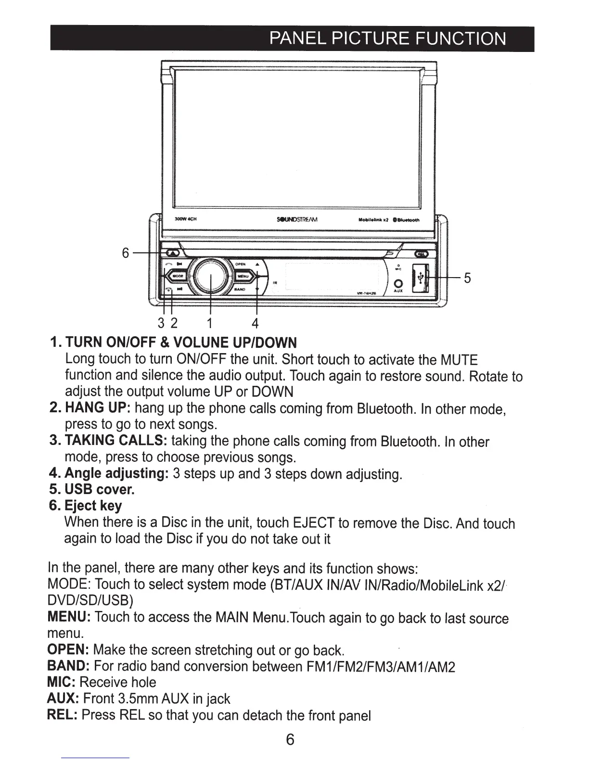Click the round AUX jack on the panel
[x=398, y=283]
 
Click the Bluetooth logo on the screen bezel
[x=407, y=220]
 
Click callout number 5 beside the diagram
[x=467, y=278]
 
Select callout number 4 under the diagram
[x=255, y=322]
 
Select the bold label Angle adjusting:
[x=108, y=473]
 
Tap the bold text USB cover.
[x=91, y=490]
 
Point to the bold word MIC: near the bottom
[x=61, y=682]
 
